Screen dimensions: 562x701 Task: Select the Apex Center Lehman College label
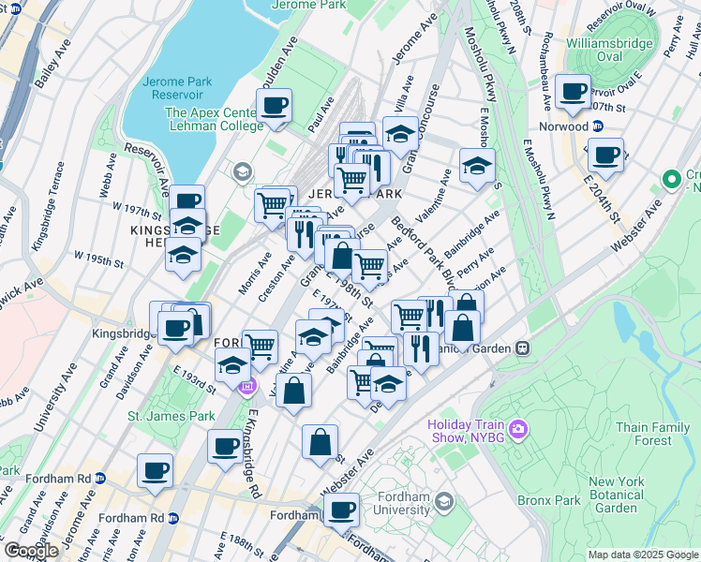214,119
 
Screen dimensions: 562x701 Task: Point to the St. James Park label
172,416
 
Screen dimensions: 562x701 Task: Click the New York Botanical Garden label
616,495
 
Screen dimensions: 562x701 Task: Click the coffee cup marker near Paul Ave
275,105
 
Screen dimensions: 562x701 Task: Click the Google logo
32,551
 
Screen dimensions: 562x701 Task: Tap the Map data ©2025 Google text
642,555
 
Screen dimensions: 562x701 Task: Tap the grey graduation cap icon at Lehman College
243,170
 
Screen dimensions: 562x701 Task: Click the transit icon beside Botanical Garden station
523,348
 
